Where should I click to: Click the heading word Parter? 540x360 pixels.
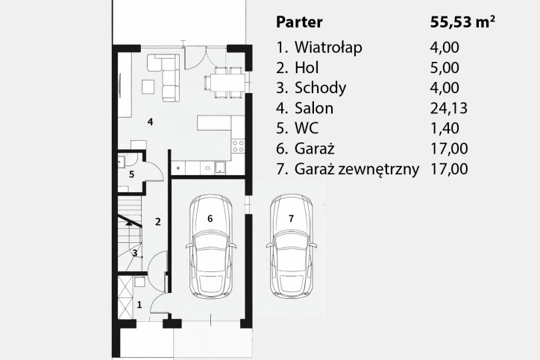tap(299, 22)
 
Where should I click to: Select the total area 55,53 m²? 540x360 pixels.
tap(462, 22)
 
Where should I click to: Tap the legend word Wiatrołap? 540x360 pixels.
tap(328, 47)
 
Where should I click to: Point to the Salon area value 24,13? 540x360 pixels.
tap(449, 108)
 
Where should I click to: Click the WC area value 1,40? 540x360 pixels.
tap(445, 128)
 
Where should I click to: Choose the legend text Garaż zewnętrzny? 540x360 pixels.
tap(357, 169)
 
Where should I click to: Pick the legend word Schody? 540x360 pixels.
tap(320, 88)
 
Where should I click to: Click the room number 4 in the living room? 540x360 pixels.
tap(150, 121)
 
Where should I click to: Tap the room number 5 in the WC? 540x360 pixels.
tap(131, 174)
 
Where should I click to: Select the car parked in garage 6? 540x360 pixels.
tap(211, 247)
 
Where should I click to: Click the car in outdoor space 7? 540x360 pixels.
tap(292, 247)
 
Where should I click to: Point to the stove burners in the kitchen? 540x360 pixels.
tap(238, 145)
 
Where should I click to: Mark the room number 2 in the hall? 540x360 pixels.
tap(157, 222)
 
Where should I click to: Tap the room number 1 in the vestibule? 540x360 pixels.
tap(139, 305)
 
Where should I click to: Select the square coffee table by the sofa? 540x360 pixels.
tap(148, 86)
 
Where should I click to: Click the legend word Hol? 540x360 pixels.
tap(307, 68)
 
